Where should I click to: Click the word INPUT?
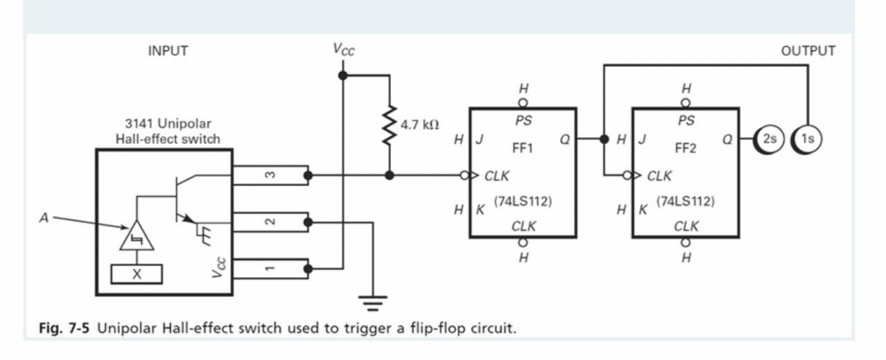pos(168,51)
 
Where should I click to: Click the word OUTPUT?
pos(808,51)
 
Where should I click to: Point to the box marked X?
pos(137,274)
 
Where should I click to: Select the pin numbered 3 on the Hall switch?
pos(270,175)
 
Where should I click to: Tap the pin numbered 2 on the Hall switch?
pos(270,222)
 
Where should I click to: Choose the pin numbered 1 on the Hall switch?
pos(270,267)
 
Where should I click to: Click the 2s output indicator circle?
pos(768,138)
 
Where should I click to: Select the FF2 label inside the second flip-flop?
pos(685,148)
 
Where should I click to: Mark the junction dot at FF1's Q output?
pos(604,138)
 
